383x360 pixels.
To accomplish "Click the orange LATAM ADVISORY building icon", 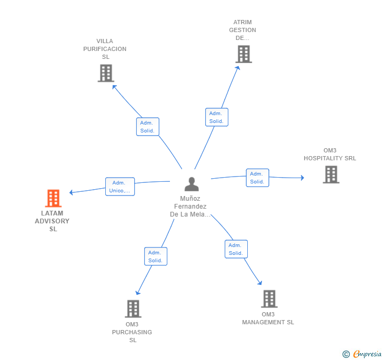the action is pos(53,198).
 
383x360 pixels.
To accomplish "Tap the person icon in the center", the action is pos(191,184).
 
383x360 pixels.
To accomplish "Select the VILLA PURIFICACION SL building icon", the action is pos(106,73).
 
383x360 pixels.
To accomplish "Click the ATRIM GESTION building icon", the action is pos(244,54).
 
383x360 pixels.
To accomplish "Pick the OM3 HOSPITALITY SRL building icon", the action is pos(331,174).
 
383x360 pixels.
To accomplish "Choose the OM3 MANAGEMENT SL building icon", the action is pos(269,299).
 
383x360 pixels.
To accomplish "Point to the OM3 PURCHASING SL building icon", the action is pos(133,308).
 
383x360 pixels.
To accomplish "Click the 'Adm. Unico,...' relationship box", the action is pos(120,187).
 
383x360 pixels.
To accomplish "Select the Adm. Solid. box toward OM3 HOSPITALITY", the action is pos(257,178).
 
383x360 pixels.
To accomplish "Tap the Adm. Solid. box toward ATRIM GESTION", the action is pos(217,117).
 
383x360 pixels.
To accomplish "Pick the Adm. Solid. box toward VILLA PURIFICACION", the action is pos(147,127).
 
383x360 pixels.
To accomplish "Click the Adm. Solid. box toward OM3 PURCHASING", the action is pos(156,256).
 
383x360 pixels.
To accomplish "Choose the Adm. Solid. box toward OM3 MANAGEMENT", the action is pos(236,249).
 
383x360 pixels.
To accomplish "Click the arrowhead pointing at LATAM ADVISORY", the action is pos(71,192).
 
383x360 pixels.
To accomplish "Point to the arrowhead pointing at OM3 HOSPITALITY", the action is pos(303,178).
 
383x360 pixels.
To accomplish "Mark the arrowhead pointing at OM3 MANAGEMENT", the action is pos(260,283).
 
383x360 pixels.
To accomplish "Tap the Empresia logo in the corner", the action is pos(362,354).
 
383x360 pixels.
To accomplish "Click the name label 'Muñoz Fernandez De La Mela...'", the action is pos(190,206).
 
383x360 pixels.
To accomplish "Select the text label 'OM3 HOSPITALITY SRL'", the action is pos(330,155).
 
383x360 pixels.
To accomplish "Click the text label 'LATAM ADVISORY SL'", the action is pos(52,221).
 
